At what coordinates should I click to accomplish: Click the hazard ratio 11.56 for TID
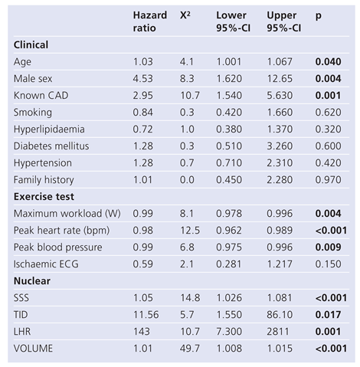coord(146,314)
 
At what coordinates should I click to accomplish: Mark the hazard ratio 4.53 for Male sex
coord(143,78)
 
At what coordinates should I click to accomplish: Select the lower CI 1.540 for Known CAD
coord(230,95)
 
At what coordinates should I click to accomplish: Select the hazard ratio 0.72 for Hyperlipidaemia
coord(143,129)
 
